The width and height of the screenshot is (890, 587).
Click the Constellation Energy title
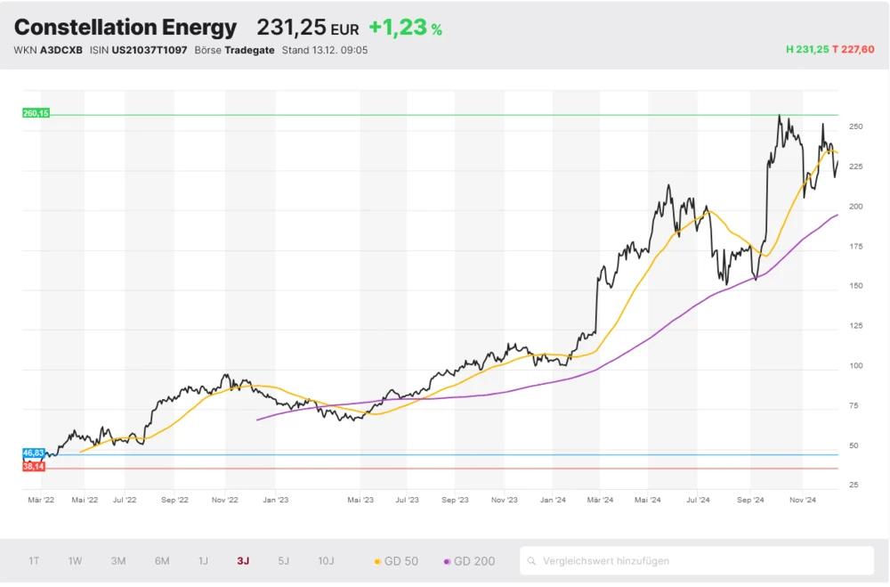[x=125, y=28]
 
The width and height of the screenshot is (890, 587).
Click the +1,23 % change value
[x=405, y=28]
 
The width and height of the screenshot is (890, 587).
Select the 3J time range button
[x=243, y=561]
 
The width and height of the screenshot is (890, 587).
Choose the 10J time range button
[x=326, y=561]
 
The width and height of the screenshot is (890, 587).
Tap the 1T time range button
[x=34, y=561]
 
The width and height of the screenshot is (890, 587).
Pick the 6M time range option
[x=162, y=561]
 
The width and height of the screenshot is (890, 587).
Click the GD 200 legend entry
[x=469, y=561]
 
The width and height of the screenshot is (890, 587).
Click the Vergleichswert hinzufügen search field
[x=696, y=561]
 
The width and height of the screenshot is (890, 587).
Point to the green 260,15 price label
[x=36, y=113]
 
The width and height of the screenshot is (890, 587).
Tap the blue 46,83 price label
[x=34, y=453]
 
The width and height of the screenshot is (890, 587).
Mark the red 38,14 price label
[x=34, y=466]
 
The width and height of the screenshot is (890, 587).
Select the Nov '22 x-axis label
[x=225, y=501]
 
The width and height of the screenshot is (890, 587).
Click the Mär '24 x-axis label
[x=600, y=501]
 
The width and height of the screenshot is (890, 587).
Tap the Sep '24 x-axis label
[x=751, y=501]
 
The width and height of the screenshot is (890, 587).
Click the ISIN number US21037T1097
[x=150, y=51]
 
